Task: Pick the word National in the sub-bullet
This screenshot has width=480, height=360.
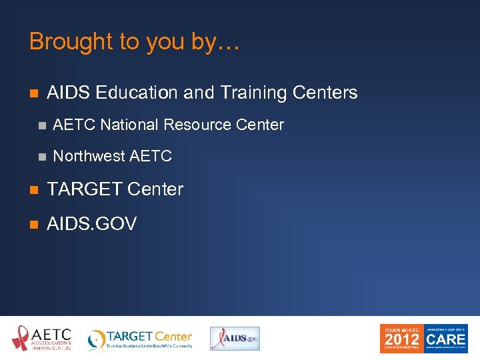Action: pos(130,125)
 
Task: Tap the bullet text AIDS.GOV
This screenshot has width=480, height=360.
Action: pos(91,224)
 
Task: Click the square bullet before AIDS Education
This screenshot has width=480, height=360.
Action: pos(33,93)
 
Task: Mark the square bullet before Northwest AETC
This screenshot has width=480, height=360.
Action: pos(41,157)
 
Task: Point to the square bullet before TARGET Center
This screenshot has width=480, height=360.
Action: pos(33,190)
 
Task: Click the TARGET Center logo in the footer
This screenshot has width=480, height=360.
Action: pos(141,339)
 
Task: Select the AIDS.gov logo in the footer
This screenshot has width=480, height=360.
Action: pos(235,339)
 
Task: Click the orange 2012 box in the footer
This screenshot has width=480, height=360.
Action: pos(401,338)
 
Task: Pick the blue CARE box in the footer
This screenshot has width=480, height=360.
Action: pos(447,338)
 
